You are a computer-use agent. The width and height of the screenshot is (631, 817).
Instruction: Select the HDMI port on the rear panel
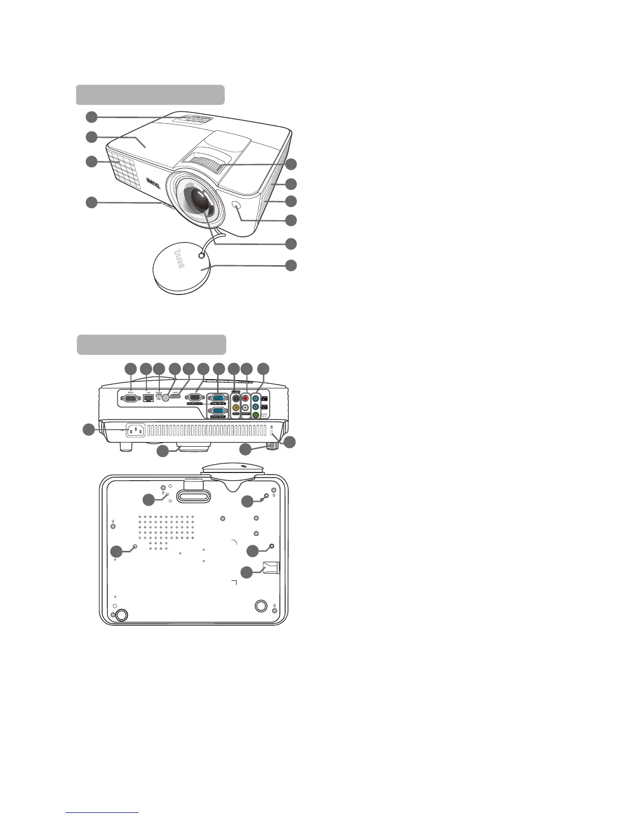(x=175, y=396)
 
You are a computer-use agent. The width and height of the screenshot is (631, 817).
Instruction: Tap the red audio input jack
(x=245, y=398)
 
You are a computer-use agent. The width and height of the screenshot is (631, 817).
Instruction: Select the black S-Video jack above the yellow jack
(x=236, y=398)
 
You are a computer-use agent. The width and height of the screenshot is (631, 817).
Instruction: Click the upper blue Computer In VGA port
(x=217, y=398)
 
